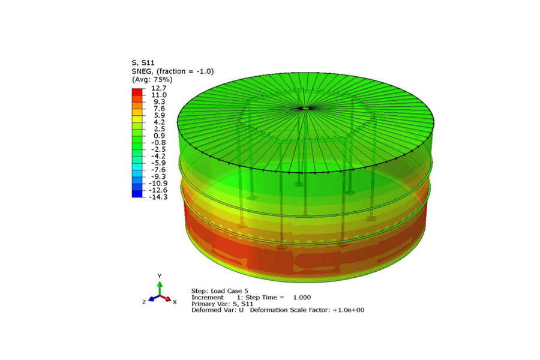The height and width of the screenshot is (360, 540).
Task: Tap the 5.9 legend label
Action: tap(160, 115)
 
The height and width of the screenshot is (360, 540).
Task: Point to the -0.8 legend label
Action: tap(158, 143)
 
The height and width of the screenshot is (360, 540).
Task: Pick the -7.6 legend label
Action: tap(158, 170)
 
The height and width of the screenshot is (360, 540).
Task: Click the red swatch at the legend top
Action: tap(137, 91)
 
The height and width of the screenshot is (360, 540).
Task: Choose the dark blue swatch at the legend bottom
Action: tap(137, 194)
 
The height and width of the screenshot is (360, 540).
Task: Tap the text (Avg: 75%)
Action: tap(152, 79)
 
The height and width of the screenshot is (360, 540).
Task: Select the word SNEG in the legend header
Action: tap(142, 71)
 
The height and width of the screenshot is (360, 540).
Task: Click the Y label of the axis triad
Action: tap(160, 275)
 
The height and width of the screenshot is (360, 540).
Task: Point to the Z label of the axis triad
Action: tap(144, 302)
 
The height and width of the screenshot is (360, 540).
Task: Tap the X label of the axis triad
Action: tap(175, 302)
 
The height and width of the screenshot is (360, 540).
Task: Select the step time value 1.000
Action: tap(302, 297)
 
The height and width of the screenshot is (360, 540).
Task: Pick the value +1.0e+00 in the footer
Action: tap(344, 310)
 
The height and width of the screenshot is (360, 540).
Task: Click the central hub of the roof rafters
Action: tap(305, 108)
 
